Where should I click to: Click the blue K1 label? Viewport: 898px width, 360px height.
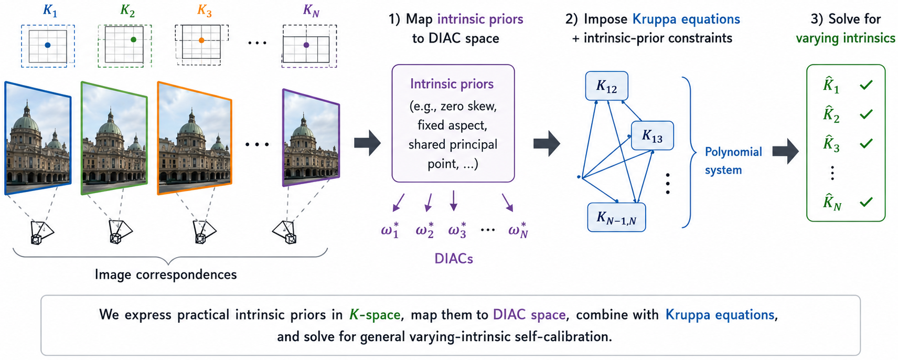(50, 11)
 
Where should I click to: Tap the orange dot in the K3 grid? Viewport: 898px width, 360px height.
(201, 40)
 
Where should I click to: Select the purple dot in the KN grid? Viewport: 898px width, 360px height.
(306, 45)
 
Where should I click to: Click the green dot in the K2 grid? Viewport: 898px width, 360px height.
(134, 40)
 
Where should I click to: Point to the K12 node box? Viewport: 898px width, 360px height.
(606, 86)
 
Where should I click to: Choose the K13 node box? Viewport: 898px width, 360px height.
(652, 135)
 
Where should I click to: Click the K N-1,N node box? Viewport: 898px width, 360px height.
(616, 217)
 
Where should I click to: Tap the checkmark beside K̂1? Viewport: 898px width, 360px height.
(866, 84)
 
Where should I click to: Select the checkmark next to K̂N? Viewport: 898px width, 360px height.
(866, 202)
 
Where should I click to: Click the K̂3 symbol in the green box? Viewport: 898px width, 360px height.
(831, 144)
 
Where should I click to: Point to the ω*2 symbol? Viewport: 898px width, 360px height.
(424, 230)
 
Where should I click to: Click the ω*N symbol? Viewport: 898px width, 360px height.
(518, 230)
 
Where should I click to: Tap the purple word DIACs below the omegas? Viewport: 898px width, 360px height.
(454, 259)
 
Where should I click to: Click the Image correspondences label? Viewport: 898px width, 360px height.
(166, 274)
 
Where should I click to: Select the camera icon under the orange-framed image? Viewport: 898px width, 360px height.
(204, 232)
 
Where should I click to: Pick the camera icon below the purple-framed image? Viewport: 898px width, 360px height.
(285, 232)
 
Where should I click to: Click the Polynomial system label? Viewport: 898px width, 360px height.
(733, 161)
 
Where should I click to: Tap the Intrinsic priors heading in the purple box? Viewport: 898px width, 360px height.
(452, 84)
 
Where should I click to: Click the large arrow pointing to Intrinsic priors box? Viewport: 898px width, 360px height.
(367, 143)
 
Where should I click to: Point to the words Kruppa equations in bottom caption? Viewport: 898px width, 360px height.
(720, 315)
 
